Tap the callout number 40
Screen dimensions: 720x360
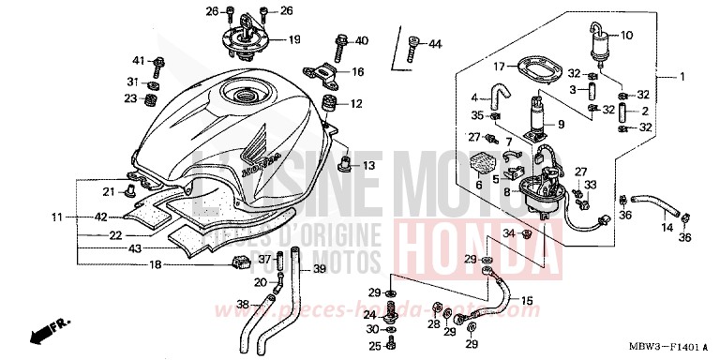[362, 40]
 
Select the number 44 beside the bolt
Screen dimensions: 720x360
[435, 44]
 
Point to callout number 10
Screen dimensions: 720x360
[627, 36]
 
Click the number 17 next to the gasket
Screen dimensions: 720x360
[501, 67]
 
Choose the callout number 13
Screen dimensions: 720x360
[368, 166]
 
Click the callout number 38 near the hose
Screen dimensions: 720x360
[243, 305]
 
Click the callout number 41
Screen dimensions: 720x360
[139, 61]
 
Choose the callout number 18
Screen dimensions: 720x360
[157, 265]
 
